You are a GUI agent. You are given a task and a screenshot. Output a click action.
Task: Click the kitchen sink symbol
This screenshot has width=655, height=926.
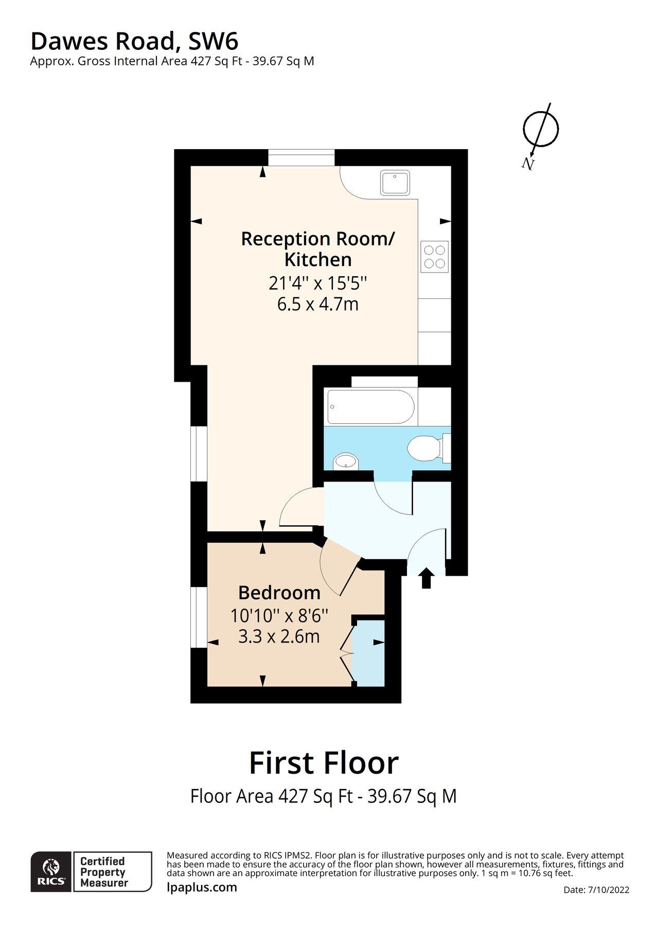pyautogui.click(x=395, y=183)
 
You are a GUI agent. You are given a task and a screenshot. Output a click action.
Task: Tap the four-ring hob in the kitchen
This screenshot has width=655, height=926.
pyautogui.click(x=434, y=257)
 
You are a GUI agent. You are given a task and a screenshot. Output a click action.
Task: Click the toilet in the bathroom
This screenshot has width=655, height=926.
pyautogui.click(x=425, y=448)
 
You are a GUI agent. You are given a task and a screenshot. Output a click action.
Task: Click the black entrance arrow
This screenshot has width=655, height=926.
pyautogui.click(x=426, y=578)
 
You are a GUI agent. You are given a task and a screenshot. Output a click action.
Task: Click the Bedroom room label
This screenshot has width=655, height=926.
pyautogui.click(x=279, y=593)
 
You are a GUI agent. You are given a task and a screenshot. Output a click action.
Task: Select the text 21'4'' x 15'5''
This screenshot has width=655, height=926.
pyautogui.click(x=317, y=283)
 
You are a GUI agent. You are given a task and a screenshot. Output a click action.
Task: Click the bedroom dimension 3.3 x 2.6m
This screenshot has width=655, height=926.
pyautogui.click(x=279, y=636)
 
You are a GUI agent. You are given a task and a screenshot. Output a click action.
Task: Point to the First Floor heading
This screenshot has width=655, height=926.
pyautogui.click(x=324, y=762)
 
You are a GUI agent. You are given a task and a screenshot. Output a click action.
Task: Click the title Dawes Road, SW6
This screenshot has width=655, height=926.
pyautogui.click(x=134, y=41)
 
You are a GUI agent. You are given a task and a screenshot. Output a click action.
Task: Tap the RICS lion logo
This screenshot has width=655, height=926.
pyautogui.click(x=51, y=871)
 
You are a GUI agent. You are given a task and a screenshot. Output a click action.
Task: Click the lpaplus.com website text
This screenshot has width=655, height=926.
pyautogui.click(x=202, y=887)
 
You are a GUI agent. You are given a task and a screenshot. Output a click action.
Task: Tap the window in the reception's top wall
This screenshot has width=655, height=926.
pyautogui.click(x=301, y=157)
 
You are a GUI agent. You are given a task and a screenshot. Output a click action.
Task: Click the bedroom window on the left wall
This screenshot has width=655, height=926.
pyautogui.click(x=199, y=616)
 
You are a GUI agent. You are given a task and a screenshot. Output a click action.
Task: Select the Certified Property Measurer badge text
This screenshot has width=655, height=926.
pyautogui.click(x=103, y=871)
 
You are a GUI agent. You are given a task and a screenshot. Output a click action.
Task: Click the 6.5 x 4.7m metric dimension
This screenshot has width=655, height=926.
pyautogui.click(x=317, y=304)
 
